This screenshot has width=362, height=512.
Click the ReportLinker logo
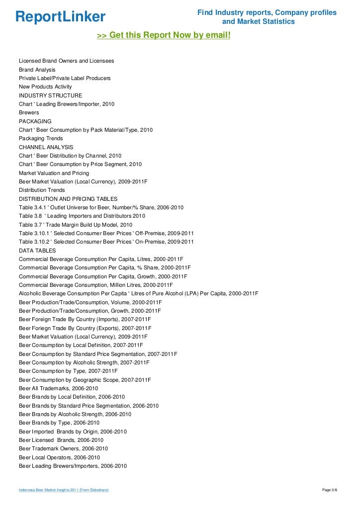[x=60, y=17]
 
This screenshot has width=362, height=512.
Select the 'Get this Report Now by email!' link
[x=164, y=36]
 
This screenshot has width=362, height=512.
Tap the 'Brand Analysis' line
[x=37, y=70]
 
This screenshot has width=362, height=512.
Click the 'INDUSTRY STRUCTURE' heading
[x=51, y=95]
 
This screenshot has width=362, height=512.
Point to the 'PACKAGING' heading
[x=35, y=121]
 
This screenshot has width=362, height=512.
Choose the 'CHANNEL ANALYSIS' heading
[x=46, y=147]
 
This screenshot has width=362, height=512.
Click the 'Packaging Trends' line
[x=41, y=139]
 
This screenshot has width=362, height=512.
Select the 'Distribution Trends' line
[x=42, y=190]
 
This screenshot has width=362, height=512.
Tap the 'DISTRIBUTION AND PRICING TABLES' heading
[x=68, y=199]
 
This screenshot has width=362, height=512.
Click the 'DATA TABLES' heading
[x=37, y=251]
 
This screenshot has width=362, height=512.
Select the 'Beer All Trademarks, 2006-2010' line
[x=59, y=388]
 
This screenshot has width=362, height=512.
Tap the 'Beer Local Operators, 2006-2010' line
[x=60, y=457]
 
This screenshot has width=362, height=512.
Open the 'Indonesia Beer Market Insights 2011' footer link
[x=64, y=491]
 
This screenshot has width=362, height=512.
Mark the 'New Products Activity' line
[x=45, y=87]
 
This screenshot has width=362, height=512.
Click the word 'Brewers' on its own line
[x=29, y=113]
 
